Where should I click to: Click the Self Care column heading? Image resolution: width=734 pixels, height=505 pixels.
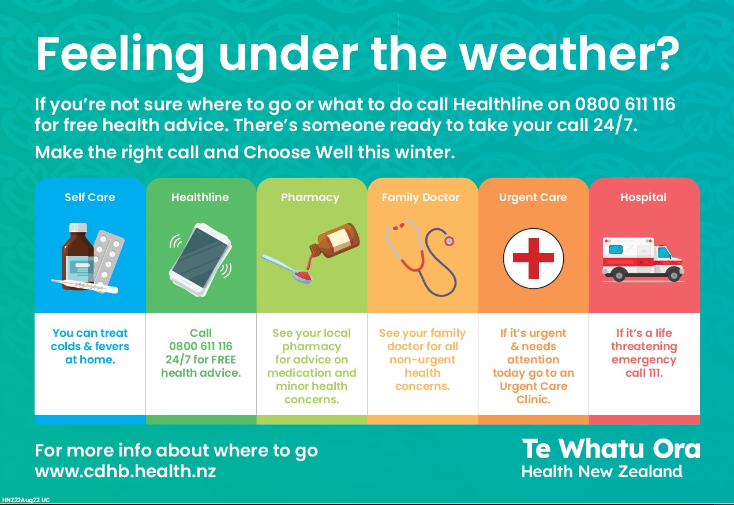click(90, 197)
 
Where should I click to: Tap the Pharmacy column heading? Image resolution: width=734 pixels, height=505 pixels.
click(310, 198)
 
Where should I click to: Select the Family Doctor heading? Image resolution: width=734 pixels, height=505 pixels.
click(421, 198)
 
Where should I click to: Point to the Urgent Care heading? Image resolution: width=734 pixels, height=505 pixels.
click(533, 198)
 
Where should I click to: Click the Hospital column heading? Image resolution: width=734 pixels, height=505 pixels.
click(643, 198)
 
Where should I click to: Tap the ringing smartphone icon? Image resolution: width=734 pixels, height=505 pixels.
click(201, 260)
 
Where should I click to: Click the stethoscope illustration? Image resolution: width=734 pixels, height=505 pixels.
click(420, 258)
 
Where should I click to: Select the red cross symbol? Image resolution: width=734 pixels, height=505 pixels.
click(533, 258)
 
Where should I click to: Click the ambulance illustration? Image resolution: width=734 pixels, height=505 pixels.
click(643, 259)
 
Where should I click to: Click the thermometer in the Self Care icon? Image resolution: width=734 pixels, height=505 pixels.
click(85, 286)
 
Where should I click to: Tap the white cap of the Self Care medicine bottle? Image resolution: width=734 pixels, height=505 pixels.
click(78, 228)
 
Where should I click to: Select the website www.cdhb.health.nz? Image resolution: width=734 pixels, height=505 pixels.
click(125, 471)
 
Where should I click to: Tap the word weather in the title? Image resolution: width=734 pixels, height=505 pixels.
click(570, 54)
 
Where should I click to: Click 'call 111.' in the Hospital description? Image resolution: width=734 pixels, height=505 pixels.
click(644, 373)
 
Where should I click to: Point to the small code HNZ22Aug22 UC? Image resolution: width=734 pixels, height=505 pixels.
click(25, 500)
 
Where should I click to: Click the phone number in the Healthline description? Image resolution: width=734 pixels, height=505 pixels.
click(201, 346)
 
